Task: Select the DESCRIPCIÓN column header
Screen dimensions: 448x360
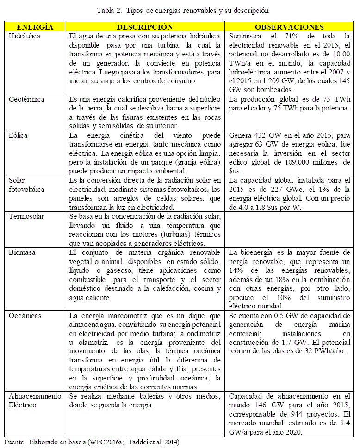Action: (145, 27)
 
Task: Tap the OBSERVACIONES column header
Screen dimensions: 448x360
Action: (290, 27)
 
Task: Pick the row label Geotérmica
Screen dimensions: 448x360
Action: (27, 99)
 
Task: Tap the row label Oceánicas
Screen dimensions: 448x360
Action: (25, 316)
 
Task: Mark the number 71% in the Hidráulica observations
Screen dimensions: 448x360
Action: (287, 36)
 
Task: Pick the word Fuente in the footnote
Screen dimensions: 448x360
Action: (14, 442)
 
